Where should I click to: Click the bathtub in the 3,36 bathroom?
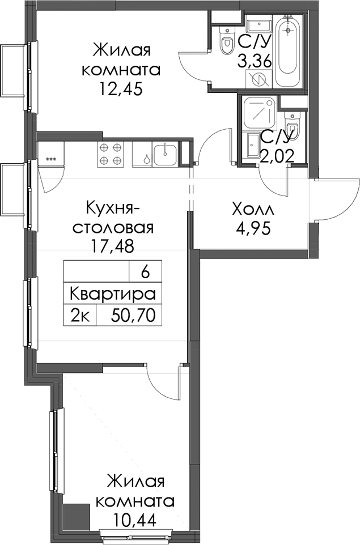coord(287,51)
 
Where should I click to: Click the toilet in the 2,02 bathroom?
coord(291,124)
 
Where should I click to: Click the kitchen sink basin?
coord(165,154)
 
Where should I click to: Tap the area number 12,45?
coord(121,90)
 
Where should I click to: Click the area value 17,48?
coord(112,247)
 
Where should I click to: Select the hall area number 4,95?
coord(252,229)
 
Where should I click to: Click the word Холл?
coord(253,210)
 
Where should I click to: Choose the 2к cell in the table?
coord(81,316)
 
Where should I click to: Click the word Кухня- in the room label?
coord(113,209)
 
